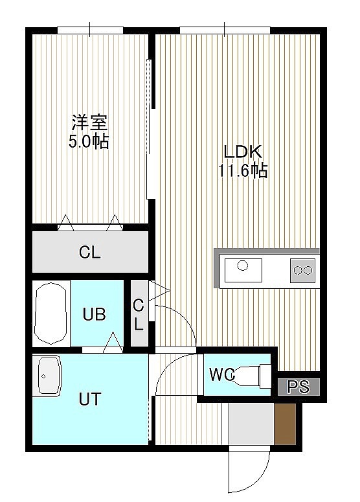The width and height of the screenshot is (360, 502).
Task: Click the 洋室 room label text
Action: click(89, 122)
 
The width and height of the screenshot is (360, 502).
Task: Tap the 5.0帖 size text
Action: click(89, 141)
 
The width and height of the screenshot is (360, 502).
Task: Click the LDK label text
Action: click(243, 152)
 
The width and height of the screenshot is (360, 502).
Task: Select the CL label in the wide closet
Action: click(90, 252)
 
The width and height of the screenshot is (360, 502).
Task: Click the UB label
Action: click(94, 314)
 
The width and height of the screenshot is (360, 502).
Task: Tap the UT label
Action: click(90, 399)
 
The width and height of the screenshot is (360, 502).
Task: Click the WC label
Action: click(221, 374)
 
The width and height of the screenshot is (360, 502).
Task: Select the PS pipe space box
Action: click(298, 387)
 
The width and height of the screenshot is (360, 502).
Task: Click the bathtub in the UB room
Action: click(51, 314)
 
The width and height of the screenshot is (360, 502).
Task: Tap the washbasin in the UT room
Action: click(49, 376)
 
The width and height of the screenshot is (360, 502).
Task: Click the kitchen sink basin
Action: click(243, 271)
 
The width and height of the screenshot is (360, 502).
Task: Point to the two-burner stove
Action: click(302, 271)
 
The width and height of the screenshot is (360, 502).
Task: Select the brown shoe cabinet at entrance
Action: click(285, 424)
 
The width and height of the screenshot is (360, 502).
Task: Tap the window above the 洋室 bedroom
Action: click(90, 30)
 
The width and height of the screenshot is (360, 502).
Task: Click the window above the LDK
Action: click(225, 30)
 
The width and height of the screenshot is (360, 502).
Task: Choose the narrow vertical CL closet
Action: click(139, 313)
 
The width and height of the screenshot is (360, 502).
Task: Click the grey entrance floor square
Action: click(251, 424)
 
